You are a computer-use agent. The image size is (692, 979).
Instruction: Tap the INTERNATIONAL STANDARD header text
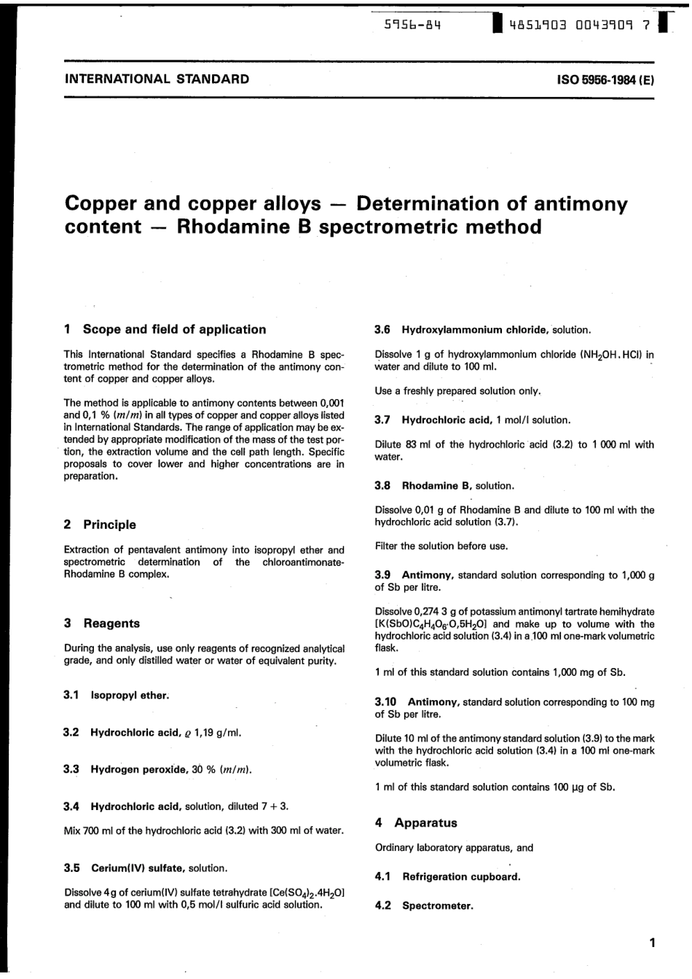click(157, 79)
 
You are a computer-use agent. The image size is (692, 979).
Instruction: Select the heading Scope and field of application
click(174, 329)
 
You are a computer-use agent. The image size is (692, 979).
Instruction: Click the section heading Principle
click(109, 524)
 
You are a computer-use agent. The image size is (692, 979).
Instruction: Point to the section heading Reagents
click(111, 624)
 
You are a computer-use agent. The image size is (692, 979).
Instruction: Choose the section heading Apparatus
click(425, 823)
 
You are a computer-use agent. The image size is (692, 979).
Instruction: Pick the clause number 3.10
click(385, 702)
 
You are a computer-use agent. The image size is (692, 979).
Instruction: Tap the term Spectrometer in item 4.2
click(437, 906)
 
